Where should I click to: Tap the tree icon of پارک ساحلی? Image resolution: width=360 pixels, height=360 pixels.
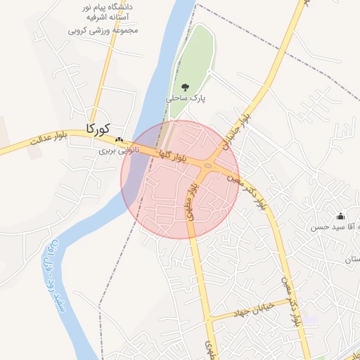185,87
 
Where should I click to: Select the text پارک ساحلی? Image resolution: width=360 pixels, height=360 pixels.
186,99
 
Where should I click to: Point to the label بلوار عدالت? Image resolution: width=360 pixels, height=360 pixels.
46,142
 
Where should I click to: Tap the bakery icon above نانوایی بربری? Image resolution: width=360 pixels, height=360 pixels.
119,140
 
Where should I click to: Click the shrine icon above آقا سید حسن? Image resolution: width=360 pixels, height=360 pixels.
341,216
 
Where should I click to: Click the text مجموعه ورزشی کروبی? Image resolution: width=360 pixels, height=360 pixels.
103,30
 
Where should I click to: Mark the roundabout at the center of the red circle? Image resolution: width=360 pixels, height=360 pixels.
207,166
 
